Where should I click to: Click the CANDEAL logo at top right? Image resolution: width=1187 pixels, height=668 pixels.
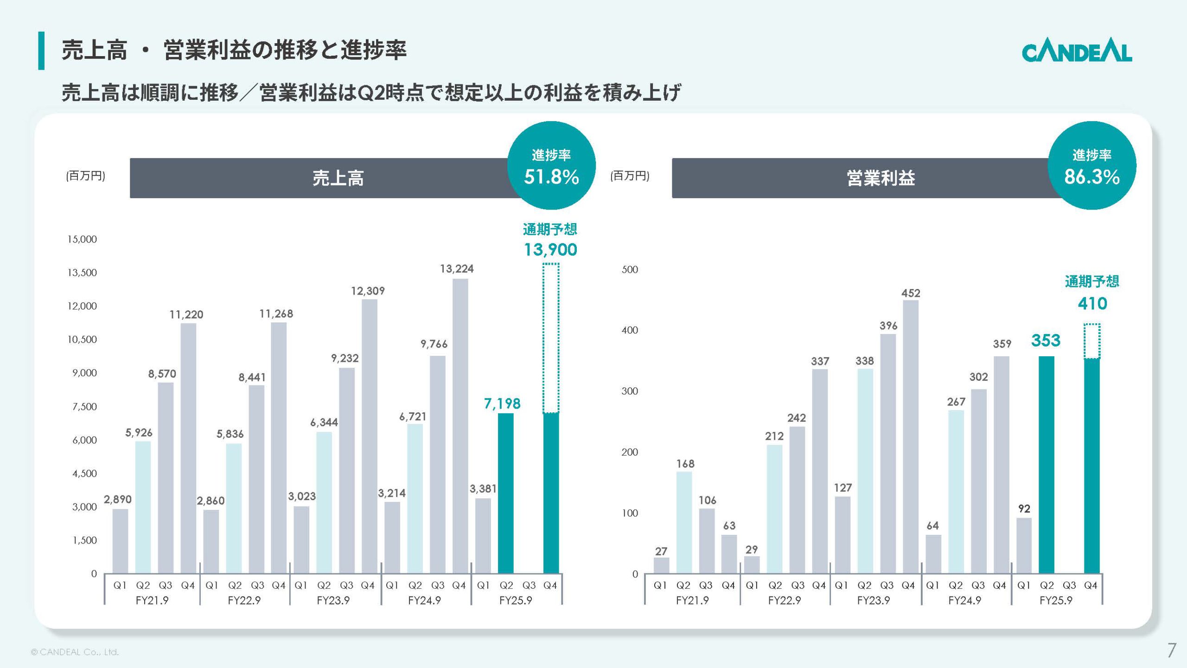1077,52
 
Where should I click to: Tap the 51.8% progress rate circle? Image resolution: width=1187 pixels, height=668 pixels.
551,166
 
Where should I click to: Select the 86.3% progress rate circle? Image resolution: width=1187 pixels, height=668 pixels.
1091,166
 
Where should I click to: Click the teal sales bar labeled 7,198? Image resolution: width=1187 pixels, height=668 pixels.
505,493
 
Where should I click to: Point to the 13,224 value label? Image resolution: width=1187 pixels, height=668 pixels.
457,269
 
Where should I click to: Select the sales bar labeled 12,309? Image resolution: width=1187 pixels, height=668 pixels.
369,436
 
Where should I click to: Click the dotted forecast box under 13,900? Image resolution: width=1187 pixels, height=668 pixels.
551,338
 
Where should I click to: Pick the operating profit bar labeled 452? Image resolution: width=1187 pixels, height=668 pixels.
911,436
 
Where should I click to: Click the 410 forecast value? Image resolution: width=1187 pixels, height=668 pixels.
1092,303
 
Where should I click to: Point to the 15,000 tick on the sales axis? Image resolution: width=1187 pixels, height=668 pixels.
82,239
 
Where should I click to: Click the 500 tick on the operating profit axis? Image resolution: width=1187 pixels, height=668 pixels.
630,270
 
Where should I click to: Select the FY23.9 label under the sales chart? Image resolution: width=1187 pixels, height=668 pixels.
333,600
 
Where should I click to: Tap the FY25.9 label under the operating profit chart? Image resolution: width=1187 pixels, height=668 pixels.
1056,600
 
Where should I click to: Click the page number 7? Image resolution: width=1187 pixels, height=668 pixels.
1171,650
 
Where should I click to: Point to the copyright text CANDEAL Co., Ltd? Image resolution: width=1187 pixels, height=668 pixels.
75,652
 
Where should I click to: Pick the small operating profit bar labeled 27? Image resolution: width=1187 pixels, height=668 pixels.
661,565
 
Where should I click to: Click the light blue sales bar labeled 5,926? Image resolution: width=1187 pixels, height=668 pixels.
143,507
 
